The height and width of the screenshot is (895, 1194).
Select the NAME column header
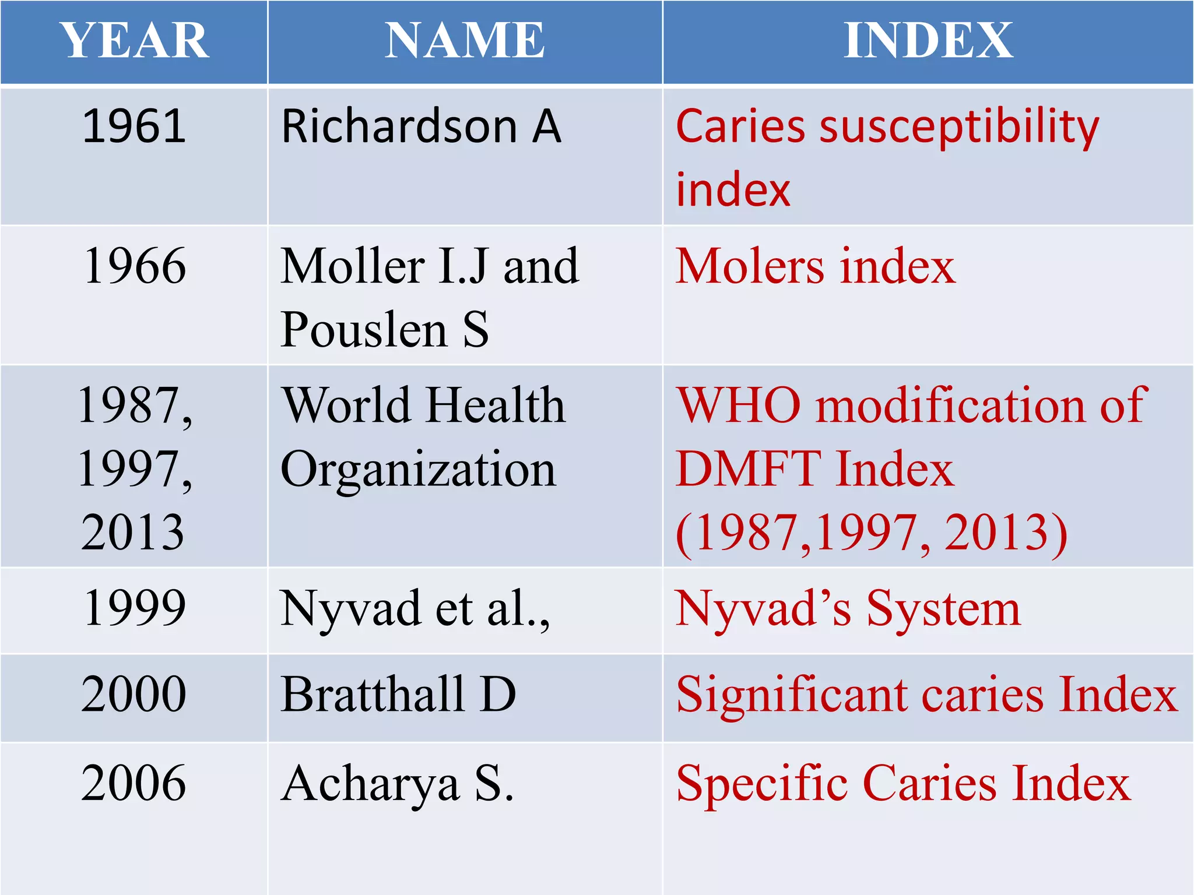tap(465, 41)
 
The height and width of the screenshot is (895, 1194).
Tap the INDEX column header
tap(928, 41)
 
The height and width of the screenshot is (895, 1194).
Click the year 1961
tap(135, 126)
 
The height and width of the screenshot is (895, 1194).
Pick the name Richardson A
tap(421, 126)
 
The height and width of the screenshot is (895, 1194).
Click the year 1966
tap(135, 266)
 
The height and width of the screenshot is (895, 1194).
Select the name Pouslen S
tap(384, 330)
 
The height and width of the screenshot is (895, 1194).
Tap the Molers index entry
tap(815, 266)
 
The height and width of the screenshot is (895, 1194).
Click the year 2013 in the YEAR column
tap(133, 533)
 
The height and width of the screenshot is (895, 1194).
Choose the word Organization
tap(418, 470)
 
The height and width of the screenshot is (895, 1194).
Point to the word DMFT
tap(749, 469)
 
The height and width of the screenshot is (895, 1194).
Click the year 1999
tap(135, 608)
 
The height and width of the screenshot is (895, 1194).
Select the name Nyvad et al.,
tap(415, 608)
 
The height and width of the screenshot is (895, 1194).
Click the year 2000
tap(134, 694)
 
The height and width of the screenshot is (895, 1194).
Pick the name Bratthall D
tap(398, 694)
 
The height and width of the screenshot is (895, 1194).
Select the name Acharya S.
tap(397, 784)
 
